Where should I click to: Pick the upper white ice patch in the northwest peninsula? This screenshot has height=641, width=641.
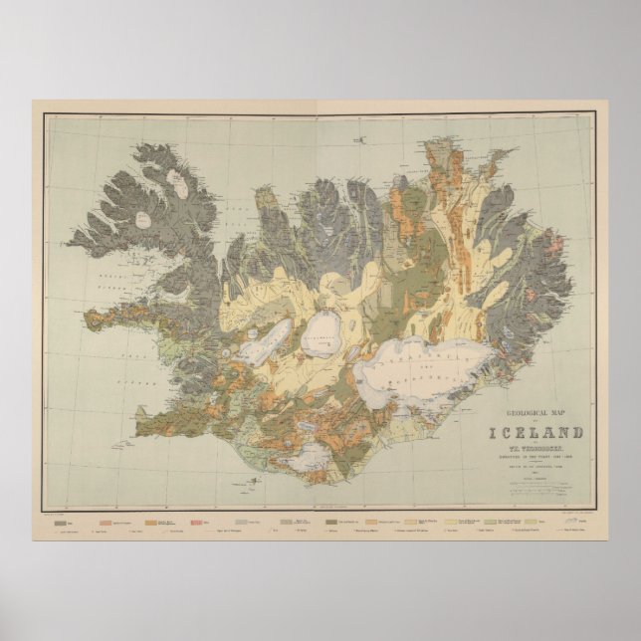tap(178, 182)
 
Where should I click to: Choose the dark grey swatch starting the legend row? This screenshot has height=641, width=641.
tap(62, 521)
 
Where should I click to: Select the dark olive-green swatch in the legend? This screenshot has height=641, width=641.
tap(328, 521)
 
